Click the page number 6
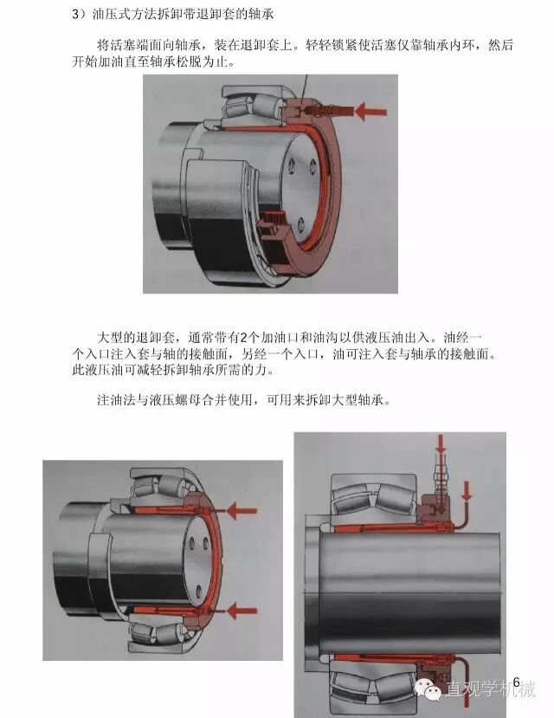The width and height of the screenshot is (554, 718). click(x=517, y=682)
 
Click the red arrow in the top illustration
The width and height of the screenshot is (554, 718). click(x=371, y=111)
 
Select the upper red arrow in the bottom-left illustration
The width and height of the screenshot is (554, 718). click(x=242, y=510)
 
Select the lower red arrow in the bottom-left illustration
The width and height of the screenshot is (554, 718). click(x=242, y=611)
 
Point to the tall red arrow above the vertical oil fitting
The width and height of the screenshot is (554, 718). click(x=441, y=443)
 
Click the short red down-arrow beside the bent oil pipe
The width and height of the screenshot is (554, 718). click(x=467, y=491)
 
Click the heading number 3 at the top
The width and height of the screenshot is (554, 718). click(x=75, y=14)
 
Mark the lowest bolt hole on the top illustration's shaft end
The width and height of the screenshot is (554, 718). click(x=300, y=224)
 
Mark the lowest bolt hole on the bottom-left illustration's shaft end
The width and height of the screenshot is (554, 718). click(x=198, y=591)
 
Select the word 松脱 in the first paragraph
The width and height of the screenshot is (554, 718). click(x=189, y=61)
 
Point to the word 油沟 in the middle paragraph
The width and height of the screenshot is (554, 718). click(x=325, y=338)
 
